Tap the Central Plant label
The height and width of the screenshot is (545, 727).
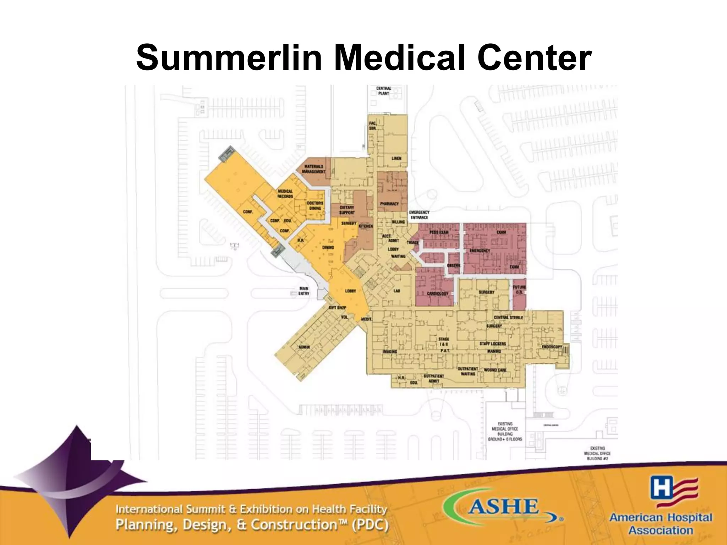[x=384, y=91]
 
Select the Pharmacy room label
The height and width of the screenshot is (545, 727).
[x=389, y=204]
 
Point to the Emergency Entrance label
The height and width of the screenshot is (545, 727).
[x=419, y=215]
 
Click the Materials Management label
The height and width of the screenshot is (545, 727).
[x=313, y=169]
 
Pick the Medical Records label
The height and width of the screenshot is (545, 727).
[x=285, y=194]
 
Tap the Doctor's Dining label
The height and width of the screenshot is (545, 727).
[x=315, y=206]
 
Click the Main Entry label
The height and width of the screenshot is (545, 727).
[x=304, y=291]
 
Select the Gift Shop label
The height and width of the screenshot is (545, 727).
[x=337, y=308]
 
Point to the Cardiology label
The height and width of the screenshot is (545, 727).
[x=438, y=294]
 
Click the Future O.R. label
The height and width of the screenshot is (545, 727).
[x=519, y=290]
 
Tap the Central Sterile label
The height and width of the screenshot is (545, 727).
[x=508, y=318]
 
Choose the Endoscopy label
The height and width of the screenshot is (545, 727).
[x=552, y=347]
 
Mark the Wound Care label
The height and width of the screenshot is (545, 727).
[x=495, y=370]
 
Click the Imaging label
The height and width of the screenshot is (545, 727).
[x=390, y=351]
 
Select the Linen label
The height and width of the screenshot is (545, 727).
[x=397, y=158]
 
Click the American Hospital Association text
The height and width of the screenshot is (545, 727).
[x=661, y=523]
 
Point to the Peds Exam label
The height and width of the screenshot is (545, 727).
[x=439, y=232]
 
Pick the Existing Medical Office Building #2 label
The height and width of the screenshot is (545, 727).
[x=597, y=453]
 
